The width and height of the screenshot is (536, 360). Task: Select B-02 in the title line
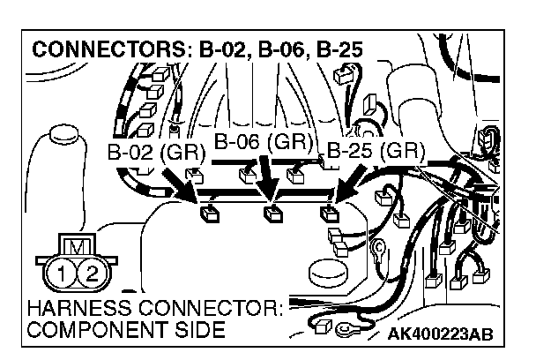220,49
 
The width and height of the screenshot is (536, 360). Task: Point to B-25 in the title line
340,49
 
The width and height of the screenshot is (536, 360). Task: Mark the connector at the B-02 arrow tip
210,211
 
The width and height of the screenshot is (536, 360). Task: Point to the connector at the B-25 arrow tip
330,211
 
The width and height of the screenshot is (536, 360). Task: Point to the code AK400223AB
439,334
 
